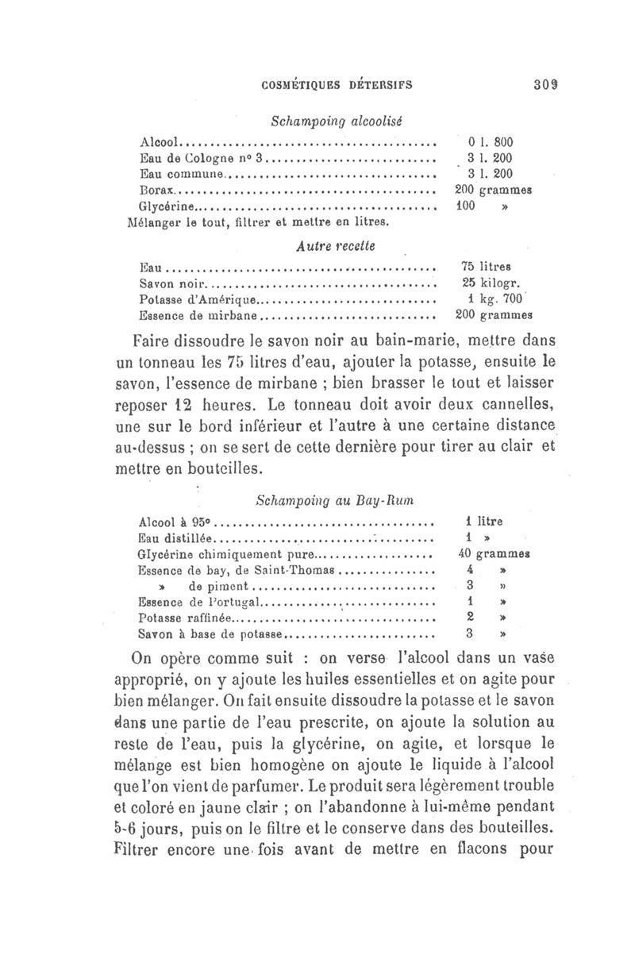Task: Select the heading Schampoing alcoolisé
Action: click(337, 121)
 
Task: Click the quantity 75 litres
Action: click(486, 267)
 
